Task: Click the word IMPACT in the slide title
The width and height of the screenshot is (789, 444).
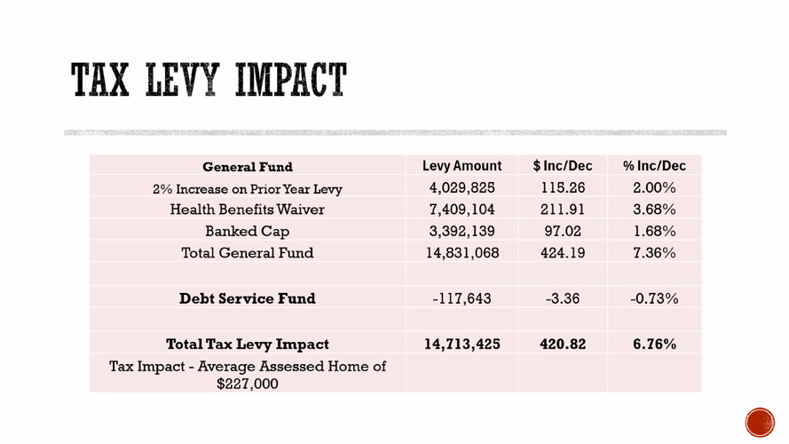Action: [x=291, y=80]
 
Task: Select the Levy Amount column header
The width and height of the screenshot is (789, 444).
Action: [x=462, y=166]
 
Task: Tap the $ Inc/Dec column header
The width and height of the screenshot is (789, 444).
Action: [x=563, y=166]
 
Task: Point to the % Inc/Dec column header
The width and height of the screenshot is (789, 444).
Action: [x=654, y=166]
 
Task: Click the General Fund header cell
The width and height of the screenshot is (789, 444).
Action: [x=248, y=167]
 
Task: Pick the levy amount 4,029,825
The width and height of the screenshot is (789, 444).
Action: [x=462, y=187]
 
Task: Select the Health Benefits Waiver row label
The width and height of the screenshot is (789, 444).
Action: [x=247, y=210]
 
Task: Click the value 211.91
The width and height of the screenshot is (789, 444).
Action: [x=563, y=210]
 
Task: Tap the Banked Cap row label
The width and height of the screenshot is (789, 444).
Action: [x=247, y=232]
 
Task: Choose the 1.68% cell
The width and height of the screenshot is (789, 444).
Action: [x=654, y=231]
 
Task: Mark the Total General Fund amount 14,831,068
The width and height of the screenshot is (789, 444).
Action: [x=462, y=253]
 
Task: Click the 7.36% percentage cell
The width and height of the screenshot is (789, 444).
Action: [x=654, y=253]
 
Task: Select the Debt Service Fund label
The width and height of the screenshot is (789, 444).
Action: [x=248, y=298]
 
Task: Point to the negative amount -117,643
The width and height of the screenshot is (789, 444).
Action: [x=462, y=298]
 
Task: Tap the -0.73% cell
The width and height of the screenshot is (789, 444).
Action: [x=654, y=298]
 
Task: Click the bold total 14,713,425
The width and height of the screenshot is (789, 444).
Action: [x=462, y=344]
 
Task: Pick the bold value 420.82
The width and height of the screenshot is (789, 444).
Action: [x=563, y=344]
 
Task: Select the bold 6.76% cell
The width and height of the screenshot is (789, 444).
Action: [x=654, y=344]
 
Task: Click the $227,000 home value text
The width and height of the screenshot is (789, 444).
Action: [x=247, y=384]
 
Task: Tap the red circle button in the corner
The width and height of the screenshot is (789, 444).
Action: [x=760, y=423]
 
